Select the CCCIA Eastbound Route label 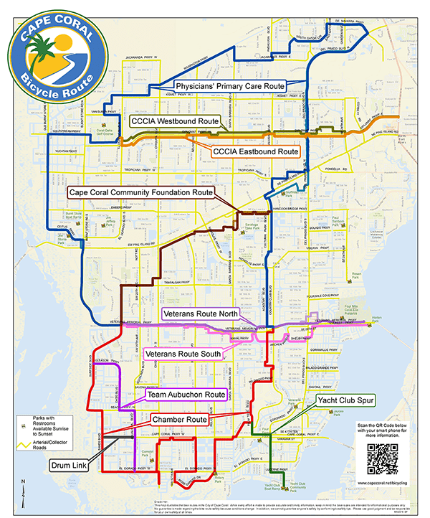[254, 152]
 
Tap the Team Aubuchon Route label [186, 395]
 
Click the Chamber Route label [180, 419]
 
